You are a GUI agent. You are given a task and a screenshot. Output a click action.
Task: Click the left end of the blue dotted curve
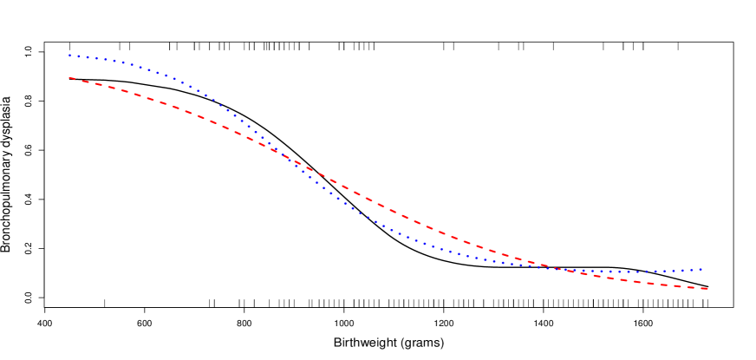[x=69, y=56]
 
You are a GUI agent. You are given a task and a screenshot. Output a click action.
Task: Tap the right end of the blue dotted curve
[x=701, y=269]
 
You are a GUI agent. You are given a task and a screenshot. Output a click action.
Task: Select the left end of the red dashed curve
[x=69, y=78]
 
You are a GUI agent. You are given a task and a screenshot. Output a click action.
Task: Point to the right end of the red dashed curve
[x=708, y=288]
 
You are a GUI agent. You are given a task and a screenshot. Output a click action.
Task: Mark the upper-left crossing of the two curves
[x=280, y=154]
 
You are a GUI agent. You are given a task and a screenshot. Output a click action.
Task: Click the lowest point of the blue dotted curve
[x=620, y=272]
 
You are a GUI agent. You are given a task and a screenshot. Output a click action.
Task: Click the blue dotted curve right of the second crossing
[x=659, y=272]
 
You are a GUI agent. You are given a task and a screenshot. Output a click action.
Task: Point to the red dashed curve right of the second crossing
[x=659, y=284]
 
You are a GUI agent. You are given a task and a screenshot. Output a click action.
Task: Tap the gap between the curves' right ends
[x=704, y=278]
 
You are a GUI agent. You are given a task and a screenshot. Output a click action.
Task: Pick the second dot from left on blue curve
[x=75, y=56]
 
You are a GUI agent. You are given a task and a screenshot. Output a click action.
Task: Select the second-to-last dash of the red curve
[x=693, y=287]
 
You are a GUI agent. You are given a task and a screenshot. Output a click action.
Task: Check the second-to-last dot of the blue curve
[x=696, y=270]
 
